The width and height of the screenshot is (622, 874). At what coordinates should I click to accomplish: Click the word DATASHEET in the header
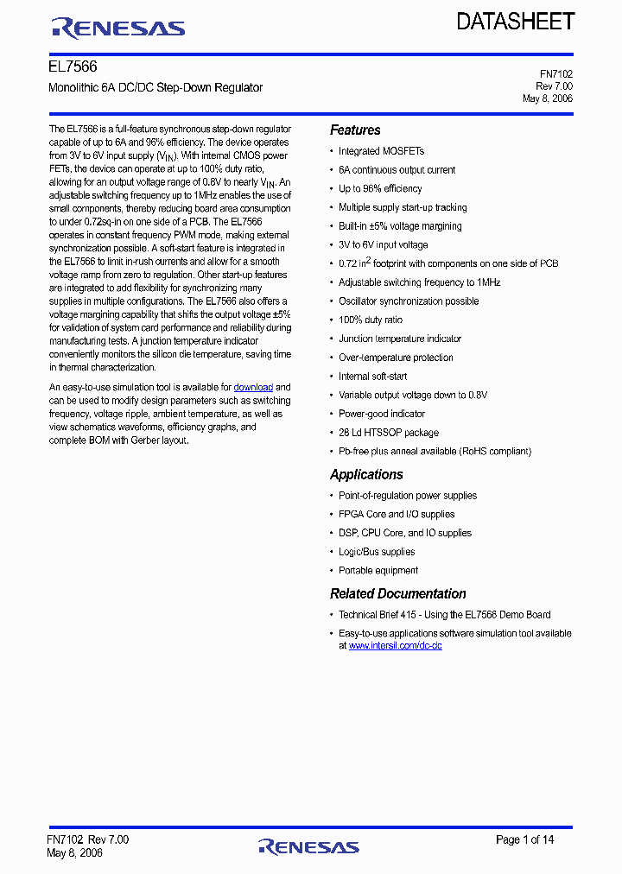click(x=515, y=22)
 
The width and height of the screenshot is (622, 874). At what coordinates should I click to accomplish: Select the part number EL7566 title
click(x=73, y=66)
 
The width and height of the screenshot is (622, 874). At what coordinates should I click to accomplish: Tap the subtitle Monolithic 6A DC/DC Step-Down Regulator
click(x=155, y=87)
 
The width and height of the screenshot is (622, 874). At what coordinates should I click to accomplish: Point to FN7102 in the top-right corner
click(x=556, y=74)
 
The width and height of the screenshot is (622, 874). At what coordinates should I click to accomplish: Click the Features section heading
click(x=355, y=130)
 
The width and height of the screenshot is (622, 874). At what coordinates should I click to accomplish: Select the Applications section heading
click(x=366, y=474)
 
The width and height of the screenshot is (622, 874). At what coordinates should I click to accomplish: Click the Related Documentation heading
click(x=397, y=593)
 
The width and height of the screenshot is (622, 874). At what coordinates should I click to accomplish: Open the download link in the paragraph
click(x=253, y=388)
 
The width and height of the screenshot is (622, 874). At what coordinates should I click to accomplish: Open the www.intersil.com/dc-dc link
click(x=395, y=646)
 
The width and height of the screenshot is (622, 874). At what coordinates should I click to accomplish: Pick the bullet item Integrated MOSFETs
click(x=381, y=151)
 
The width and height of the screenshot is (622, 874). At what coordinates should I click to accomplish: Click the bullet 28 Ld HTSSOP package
click(x=388, y=433)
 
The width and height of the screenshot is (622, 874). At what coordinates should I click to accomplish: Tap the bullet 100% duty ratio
click(x=370, y=320)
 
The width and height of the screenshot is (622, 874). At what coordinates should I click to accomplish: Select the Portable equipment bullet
click(x=378, y=571)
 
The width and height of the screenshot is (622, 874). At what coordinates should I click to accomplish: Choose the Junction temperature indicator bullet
click(x=399, y=339)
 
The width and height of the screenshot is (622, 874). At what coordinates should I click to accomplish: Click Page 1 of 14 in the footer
click(x=524, y=839)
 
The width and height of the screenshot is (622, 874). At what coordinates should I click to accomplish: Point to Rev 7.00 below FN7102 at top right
click(x=554, y=86)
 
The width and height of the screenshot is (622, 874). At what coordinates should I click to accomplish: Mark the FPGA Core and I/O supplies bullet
click(x=397, y=515)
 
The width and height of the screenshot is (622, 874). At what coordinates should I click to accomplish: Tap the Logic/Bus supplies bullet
click(x=377, y=552)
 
